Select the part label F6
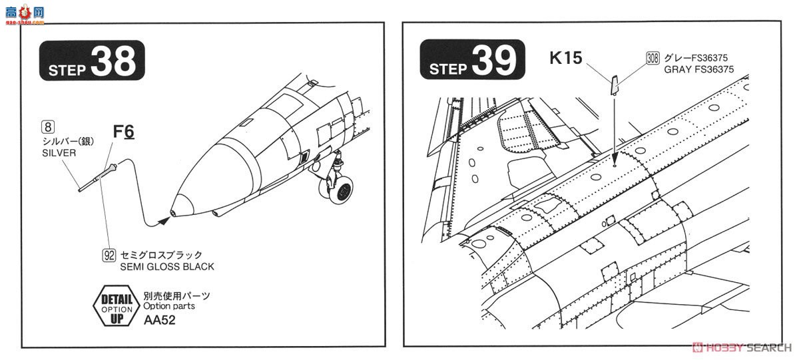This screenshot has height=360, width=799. point(123,132)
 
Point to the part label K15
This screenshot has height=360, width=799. point(566,58)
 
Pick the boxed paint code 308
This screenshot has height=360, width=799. point(653,59)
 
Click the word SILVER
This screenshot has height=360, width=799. point(59,152)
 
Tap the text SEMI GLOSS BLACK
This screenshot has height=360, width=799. point(168,267)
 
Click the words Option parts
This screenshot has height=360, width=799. point(169,307)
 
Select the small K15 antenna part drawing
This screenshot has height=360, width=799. point(615,85)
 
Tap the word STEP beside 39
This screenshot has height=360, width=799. point(447,69)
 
